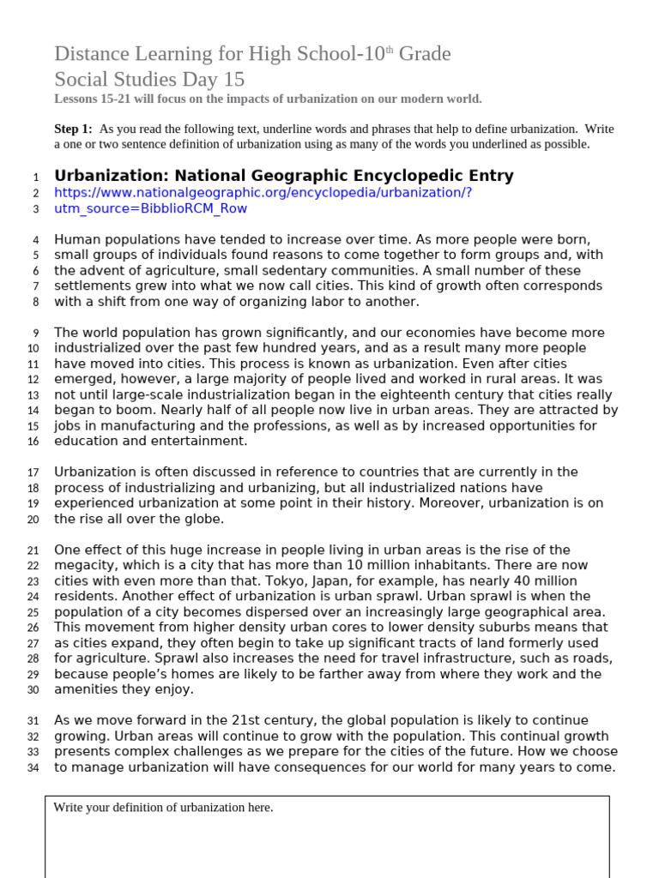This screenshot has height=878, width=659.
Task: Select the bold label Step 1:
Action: pos(73,129)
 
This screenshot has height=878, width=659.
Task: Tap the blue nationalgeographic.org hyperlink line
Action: pos(263,193)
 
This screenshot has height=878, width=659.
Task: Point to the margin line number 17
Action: pos(33,472)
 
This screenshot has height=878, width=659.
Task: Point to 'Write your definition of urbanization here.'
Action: pos(163,808)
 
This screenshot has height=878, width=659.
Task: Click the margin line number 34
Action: pos(33,767)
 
